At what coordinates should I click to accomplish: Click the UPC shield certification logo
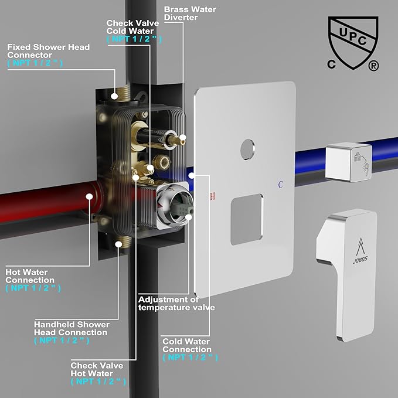pyautogui.click(x=353, y=43)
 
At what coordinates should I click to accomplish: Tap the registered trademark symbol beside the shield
pyautogui.click(x=373, y=66)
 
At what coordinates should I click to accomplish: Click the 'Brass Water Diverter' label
pyautogui.click(x=190, y=13)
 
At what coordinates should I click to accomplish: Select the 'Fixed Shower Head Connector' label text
pyautogui.click(x=48, y=51)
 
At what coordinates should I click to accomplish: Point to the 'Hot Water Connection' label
pyautogui.click(x=30, y=276)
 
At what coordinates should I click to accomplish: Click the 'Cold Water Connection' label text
pyautogui.click(x=187, y=345)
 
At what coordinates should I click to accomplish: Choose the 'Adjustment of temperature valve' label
pyautogui.click(x=176, y=304)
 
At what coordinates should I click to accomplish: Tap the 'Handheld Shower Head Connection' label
pyautogui.click(x=72, y=328)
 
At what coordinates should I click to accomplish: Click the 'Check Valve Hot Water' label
pyautogui.click(x=97, y=369)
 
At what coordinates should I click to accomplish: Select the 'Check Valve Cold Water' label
pyautogui.click(x=132, y=27)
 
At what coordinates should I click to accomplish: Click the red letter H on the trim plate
pyautogui.click(x=213, y=196)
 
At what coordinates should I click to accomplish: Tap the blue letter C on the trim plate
pyautogui.click(x=280, y=185)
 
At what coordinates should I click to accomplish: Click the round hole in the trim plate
pyautogui.click(x=247, y=149)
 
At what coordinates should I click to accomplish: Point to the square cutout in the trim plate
pyautogui.click(x=247, y=220)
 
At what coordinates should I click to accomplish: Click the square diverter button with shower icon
pyautogui.click(x=349, y=162)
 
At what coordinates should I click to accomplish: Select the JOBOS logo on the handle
pyautogui.click(x=360, y=251)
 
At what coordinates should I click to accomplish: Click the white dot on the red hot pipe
pyautogui.click(x=89, y=197)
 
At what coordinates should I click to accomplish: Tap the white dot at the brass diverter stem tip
pyautogui.click(x=182, y=138)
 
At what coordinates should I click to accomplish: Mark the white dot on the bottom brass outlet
pyautogui.click(x=118, y=244)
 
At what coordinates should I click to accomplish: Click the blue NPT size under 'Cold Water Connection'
pyautogui.click(x=190, y=358)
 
